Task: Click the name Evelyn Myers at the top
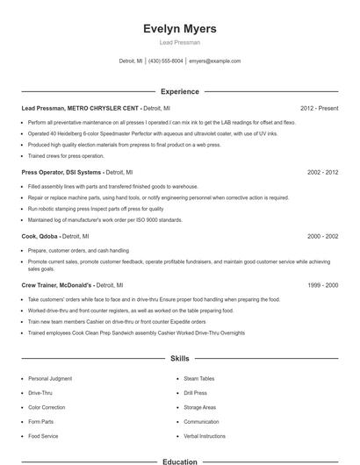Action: tap(179, 29)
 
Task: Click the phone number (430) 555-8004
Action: tap(165, 61)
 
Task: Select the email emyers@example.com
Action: tap(216, 61)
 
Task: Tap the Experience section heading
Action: tap(179, 91)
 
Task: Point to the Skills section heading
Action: tap(179, 359)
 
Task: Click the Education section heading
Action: tap(179, 461)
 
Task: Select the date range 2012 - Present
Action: tap(319, 108)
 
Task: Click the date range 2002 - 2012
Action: tap(322, 173)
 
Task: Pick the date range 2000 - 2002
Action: tap(322, 237)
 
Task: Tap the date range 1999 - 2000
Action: tap(322, 285)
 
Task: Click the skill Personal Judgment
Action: tap(49, 378)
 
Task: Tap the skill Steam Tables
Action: tap(198, 378)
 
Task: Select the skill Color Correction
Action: tap(47, 407)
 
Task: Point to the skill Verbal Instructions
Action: tap(204, 436)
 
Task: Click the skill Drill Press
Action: tap(195, 393)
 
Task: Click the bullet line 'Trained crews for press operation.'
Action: tap(66, 155)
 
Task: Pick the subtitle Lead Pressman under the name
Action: tap(179, 42)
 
